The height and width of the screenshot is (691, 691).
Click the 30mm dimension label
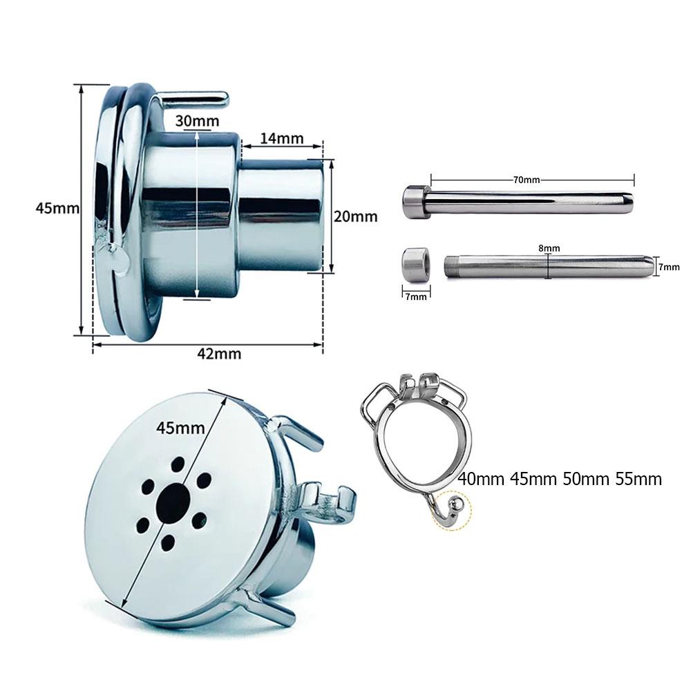pyautogui.click(x=196, y=120)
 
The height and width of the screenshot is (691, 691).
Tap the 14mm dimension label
pyautogui.click(x=282, y=138)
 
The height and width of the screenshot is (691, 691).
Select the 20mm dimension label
pyautogui.click(x=356, y=216)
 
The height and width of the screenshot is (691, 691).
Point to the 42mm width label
pyautogui.click(x=219, y=354)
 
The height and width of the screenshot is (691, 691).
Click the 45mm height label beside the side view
pyautogui.click(x=57, y=208)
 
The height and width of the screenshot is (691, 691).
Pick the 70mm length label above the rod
pyautogui.click(x=526, y=180)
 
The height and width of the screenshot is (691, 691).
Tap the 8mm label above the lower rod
pyautogui.click(x=549, y=249)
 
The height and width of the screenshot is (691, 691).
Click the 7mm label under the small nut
pyautogui.click(x=416, y=296)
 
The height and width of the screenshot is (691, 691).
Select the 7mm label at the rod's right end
pyautogui.click(x=669, y=267)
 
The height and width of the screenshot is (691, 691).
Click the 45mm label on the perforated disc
pyautogui.click(x=180, y=428)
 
